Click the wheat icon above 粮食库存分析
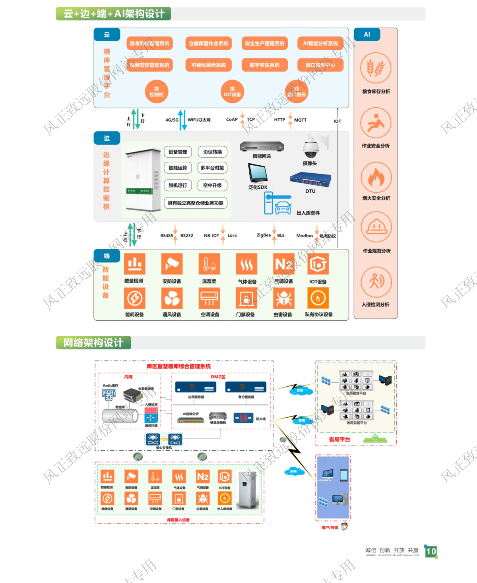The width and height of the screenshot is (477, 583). pos(376,68)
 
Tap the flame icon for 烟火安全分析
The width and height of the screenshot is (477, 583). pos(376,177)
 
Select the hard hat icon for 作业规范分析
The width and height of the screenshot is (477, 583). pos(376,227)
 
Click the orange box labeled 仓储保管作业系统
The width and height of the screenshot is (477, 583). pos(209,44)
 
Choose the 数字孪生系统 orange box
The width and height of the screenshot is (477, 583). pos(264,65)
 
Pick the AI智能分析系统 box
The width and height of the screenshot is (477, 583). pos(320,44)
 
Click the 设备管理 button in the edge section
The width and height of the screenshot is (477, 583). pos(178,152)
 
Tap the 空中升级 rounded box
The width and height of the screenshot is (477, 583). pos(212,185)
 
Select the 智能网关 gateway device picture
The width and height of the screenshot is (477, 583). pos(262,146)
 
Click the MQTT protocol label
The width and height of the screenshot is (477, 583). pos(300,120)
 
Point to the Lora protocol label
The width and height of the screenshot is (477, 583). pos(232,236)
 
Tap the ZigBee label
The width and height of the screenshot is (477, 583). pos(264,235)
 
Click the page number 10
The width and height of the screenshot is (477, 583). pos(431,551)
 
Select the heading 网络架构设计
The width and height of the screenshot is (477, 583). pos(93,343)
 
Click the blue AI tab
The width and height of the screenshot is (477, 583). pos(367,35)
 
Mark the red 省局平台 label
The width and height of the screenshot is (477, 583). pos(339,440)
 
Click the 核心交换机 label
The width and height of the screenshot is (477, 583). pos(164,448)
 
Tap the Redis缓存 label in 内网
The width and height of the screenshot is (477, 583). pos(111,385)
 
